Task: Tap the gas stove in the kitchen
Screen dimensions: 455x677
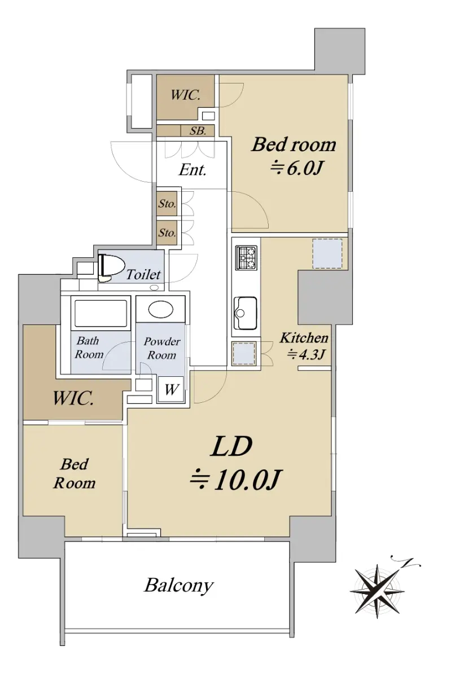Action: (x=246, y=258)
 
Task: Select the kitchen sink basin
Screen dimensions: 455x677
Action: (x=245, y=314)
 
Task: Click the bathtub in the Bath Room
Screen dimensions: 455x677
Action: (x=100, y=313)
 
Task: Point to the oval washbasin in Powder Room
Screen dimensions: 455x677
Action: (x=160, y=310)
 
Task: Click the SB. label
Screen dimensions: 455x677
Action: (x=198, y=131)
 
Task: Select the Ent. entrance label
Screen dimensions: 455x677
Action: (x=193, y=170)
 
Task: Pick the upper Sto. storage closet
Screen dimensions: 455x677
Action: (x=167, y=204)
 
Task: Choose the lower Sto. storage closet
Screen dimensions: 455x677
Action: (x=167, y=232)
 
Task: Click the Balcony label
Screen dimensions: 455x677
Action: (x=179, y=585)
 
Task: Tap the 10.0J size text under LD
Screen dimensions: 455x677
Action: (x=236, y=480)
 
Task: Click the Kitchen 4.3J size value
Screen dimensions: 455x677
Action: (x=307, y=354)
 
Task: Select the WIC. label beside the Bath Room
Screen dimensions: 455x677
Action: (x=73, y=398)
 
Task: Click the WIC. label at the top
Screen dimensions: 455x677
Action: (x=185, y=95)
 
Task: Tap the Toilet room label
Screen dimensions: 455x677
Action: (x=143, y=274)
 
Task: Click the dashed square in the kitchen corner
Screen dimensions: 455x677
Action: (x=327, y=253)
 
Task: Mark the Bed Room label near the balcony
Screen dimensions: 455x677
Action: (x=75, y=474)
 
